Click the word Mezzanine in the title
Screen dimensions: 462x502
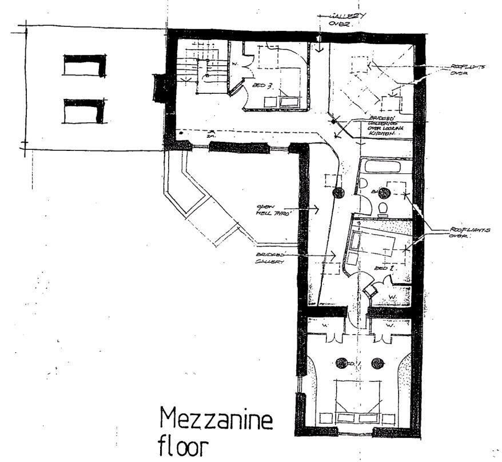217,421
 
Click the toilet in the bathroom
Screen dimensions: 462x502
384,208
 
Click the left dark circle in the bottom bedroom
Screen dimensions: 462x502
342,363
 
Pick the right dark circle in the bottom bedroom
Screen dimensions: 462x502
377,363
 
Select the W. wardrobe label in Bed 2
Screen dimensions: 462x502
393,296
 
